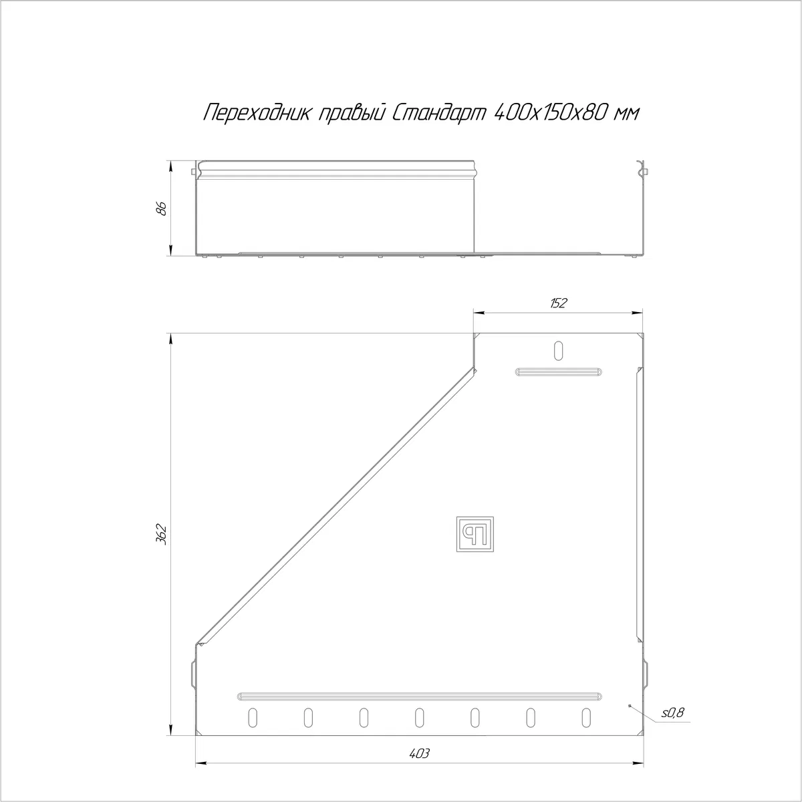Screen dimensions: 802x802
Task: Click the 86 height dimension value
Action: (162, 208)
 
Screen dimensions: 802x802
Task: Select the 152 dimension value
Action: (559, 303)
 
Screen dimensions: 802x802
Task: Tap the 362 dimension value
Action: (162, 535)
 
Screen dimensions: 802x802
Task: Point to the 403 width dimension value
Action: (419, 753)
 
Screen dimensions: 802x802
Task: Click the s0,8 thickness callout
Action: (672, 713)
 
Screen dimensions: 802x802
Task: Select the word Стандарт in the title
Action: (440, 113)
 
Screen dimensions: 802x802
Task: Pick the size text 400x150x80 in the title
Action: (550, 113)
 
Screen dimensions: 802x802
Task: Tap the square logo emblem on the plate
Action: (475, 534)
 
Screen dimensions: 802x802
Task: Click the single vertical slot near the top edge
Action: (558, 351)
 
